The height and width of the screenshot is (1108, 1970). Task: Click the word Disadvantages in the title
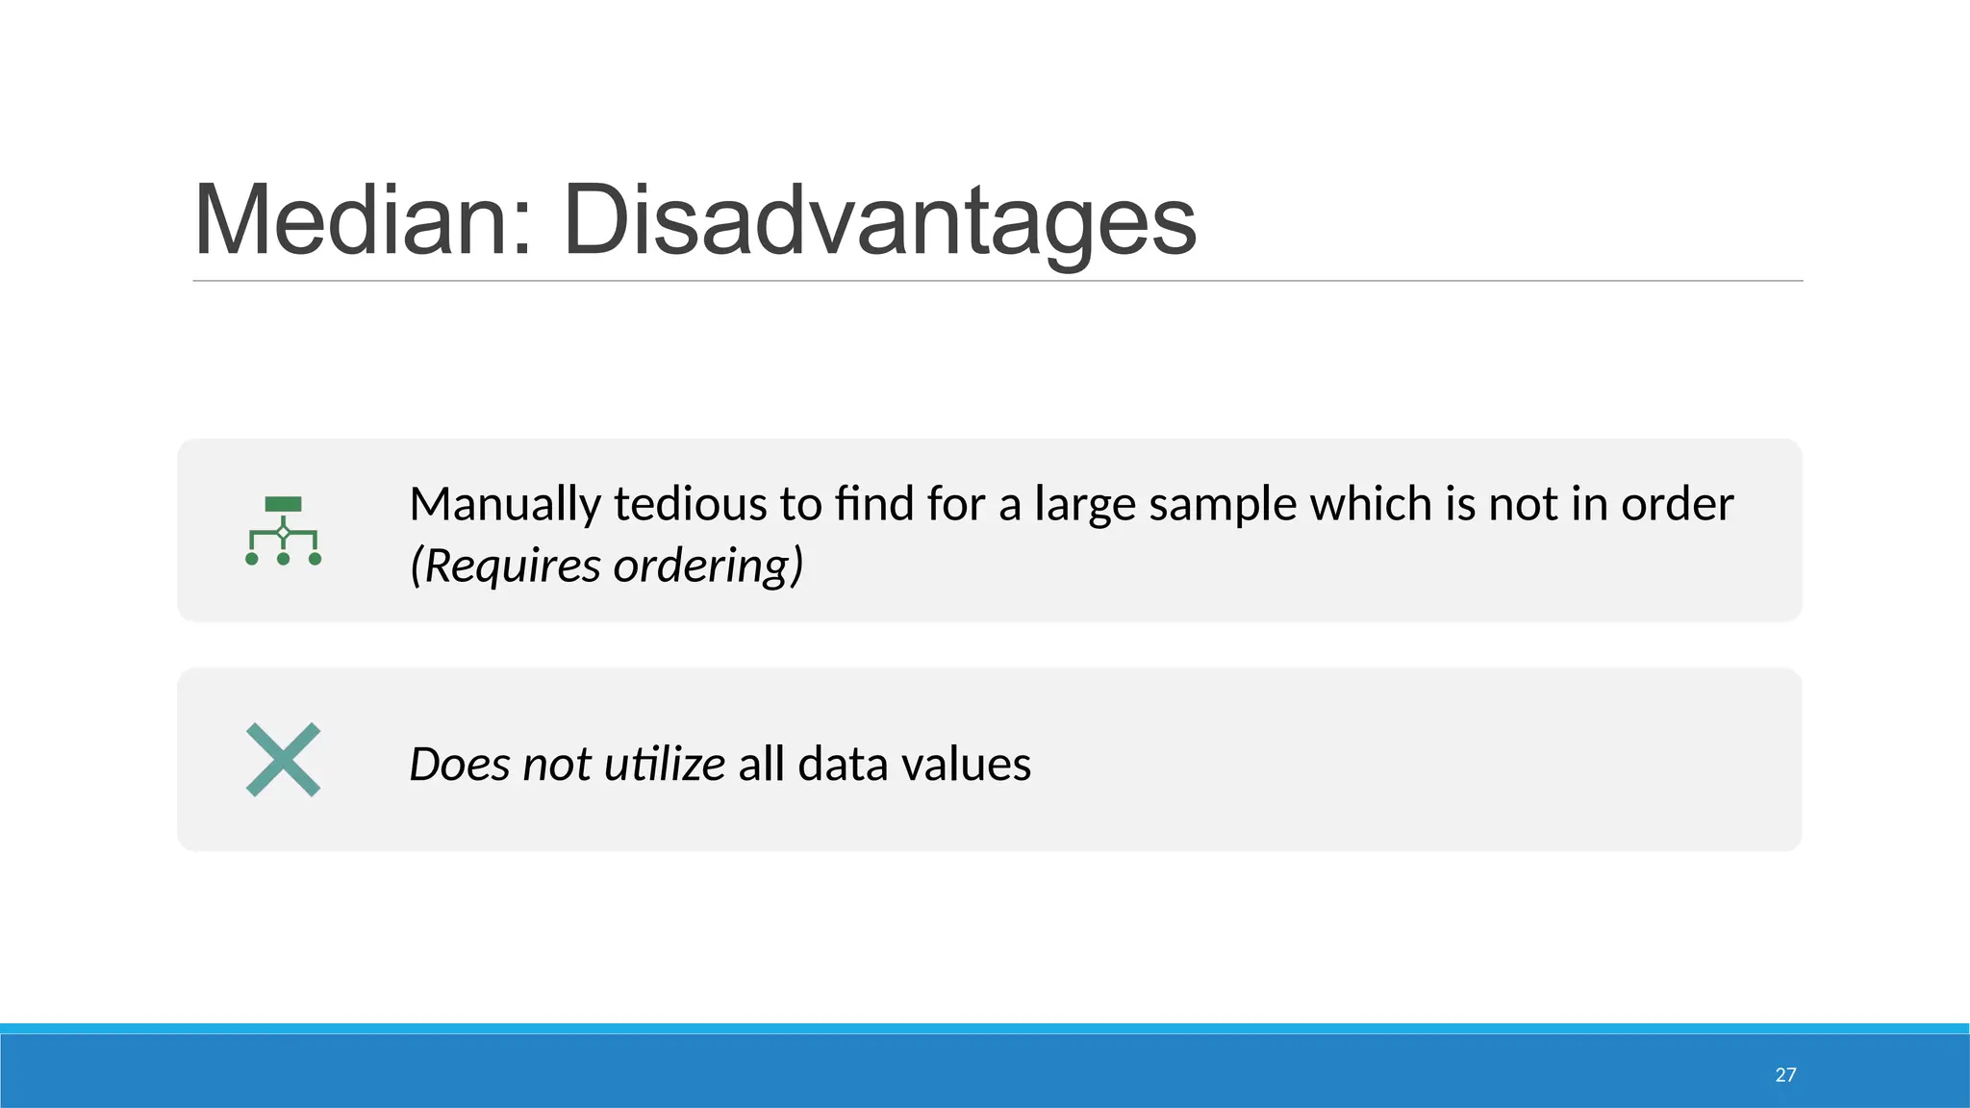(x=879, y=221)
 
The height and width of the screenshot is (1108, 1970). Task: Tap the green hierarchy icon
(x=283, y=530)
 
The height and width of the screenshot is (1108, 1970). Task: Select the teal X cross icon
(x=283, y=760)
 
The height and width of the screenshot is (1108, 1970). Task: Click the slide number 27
(x=1785, y=1074)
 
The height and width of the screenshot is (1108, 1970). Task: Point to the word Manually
(x=505, y=504)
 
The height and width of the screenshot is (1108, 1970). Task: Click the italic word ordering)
(x=708, y=566)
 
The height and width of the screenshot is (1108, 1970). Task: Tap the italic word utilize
(x=664, y=765)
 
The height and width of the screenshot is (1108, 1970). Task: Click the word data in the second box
(x=842, y=765)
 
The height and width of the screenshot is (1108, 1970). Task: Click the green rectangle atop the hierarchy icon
(x=283, y=504)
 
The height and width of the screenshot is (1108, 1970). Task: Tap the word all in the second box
(x=761, y=765)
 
